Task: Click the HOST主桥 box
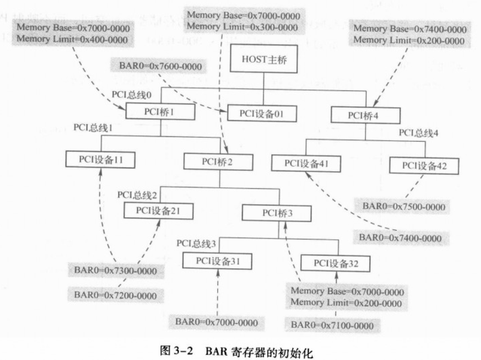click(264, 58)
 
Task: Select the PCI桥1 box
click(160, 111)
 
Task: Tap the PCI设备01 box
click(262, 114)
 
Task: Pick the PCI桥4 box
click(365, 116)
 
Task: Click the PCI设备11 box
click(100, 160)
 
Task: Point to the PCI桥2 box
click(218, 161)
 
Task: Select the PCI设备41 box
click(306, 163)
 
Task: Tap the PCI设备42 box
click(424, 166)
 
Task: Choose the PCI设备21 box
click(158, 211)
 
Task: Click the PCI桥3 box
click(277, 213)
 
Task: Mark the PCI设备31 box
click(217, 261)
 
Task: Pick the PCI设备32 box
click(335, 263)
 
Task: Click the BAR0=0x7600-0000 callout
click(160, 66)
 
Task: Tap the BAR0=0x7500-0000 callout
click(404, 206)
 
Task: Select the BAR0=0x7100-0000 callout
click(332, 325)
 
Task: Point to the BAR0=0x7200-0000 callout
click(115, 296)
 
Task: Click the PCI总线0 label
click(131, 95)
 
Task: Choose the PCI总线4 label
click(418, 133)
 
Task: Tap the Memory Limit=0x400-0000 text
click(72, 39)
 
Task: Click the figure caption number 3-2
click(183, 351)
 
